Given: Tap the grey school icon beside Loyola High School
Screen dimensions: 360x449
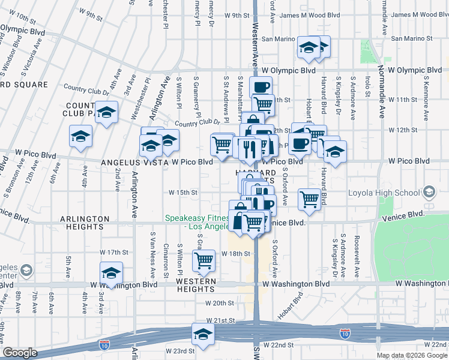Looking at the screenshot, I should tap(429, 192).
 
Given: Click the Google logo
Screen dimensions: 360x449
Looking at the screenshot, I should tap(20, 353).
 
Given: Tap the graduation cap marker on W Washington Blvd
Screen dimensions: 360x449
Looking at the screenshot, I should tap(111, 272).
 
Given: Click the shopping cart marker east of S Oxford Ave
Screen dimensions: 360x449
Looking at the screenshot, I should tap(310, 199).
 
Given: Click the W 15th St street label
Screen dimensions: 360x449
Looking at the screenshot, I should tap(183, 192).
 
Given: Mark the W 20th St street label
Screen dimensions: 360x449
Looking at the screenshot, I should tap(219, 304).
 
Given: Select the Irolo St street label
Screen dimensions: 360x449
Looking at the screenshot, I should tap(367, 86).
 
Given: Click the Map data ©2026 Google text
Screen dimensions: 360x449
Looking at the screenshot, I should tap(412, 355).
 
